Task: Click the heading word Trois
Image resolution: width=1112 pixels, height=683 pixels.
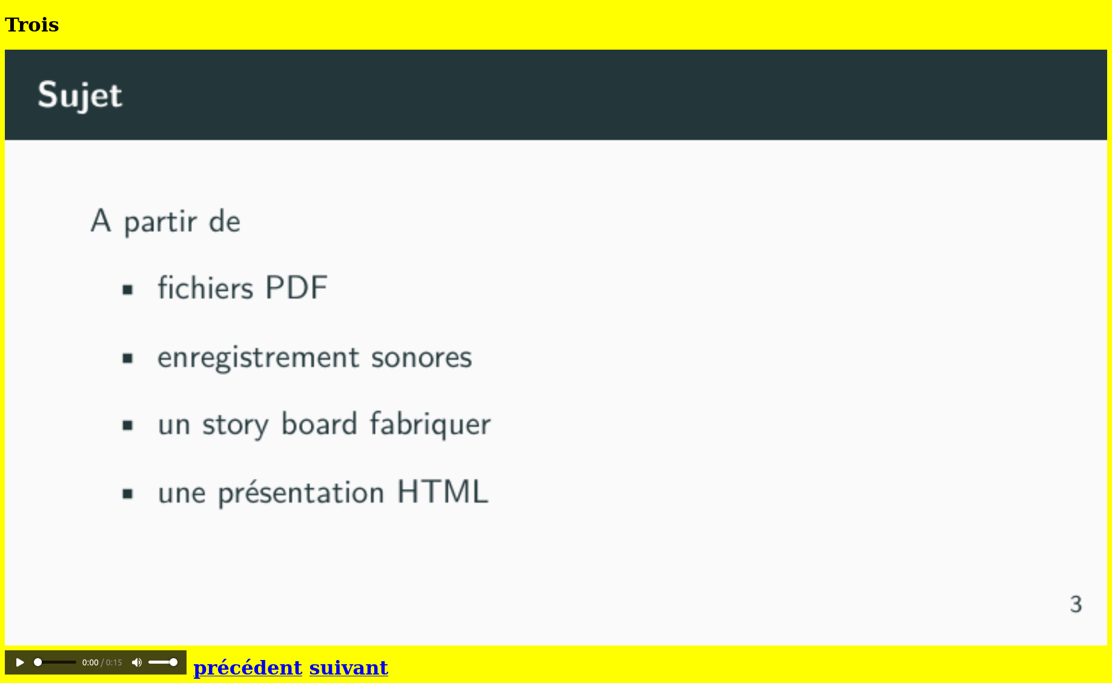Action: tap(31, 25)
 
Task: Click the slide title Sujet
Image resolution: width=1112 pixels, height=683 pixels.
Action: tap(80, 95)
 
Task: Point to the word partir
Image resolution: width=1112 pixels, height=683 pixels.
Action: tap(161, 222)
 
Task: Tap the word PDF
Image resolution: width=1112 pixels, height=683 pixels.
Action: tap(297, 288)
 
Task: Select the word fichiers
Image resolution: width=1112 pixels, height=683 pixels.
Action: tap(205, 288)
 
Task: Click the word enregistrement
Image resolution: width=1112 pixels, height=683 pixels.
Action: tap(259, 358)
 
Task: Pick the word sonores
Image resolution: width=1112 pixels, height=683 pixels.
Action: tap(422, 358)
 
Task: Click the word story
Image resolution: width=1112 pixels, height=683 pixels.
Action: tap(236, 425)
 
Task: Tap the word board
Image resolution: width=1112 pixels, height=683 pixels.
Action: tap(319, 423)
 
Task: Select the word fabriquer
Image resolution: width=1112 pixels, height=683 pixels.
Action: tap(431, 424)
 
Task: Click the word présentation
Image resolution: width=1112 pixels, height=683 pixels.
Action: tap(301, 493)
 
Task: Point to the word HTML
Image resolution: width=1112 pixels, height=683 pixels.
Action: tap(443, 492)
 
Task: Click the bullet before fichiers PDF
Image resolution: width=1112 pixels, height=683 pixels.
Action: tap(127, 290)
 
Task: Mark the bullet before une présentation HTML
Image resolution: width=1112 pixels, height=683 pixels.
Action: tap(127, 494)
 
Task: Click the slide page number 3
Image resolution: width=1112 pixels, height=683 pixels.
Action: tap(1076, 604)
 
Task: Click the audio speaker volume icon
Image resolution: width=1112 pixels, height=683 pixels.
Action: tap(137, 662)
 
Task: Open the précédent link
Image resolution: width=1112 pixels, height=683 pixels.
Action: tap(248, 667)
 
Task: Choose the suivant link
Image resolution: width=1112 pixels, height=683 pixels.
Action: tap(349, 667)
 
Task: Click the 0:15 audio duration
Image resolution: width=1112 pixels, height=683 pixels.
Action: tap(114, 662)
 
